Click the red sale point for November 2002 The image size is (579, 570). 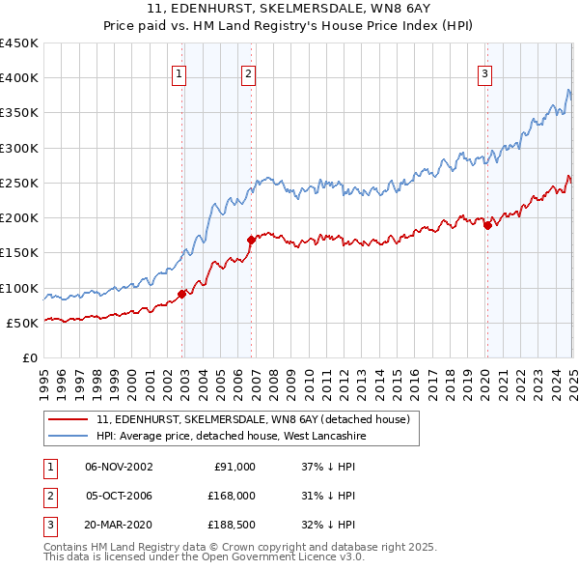182,294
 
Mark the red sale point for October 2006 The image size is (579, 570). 251,240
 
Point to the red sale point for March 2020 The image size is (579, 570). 487,226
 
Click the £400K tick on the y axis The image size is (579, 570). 19,78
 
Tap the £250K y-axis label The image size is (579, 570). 19,183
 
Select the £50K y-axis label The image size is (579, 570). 23,323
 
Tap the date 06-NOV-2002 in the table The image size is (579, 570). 119,466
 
